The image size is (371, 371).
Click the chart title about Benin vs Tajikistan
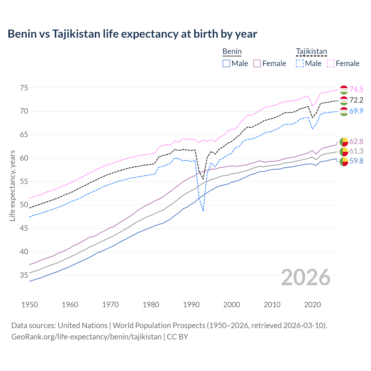pos(132,34)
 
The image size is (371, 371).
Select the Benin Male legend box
pos(226,63)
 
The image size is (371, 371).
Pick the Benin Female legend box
pos(257,63)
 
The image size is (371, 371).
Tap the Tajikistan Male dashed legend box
pos(300,63)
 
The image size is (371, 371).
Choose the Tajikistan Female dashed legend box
pos(330,63)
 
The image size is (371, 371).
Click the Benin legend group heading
pos(232,52)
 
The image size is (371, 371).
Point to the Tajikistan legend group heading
pos(311,52)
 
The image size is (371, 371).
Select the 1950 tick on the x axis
pos(30,305)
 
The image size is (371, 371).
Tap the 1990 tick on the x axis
pos(191,305)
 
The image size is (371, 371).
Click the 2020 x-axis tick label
pos(312,305)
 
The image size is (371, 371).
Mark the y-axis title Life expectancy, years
pos(12,185)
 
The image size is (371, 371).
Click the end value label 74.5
pos(356,89)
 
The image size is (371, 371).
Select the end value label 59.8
pos(356,161)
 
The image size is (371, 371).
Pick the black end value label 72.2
pos(356,100)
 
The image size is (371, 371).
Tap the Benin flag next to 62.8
pos(344,142)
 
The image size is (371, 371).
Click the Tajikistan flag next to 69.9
pos(344,111)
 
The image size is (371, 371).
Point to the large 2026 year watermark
pos(306,277)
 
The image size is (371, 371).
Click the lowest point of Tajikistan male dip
pos(203,211)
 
